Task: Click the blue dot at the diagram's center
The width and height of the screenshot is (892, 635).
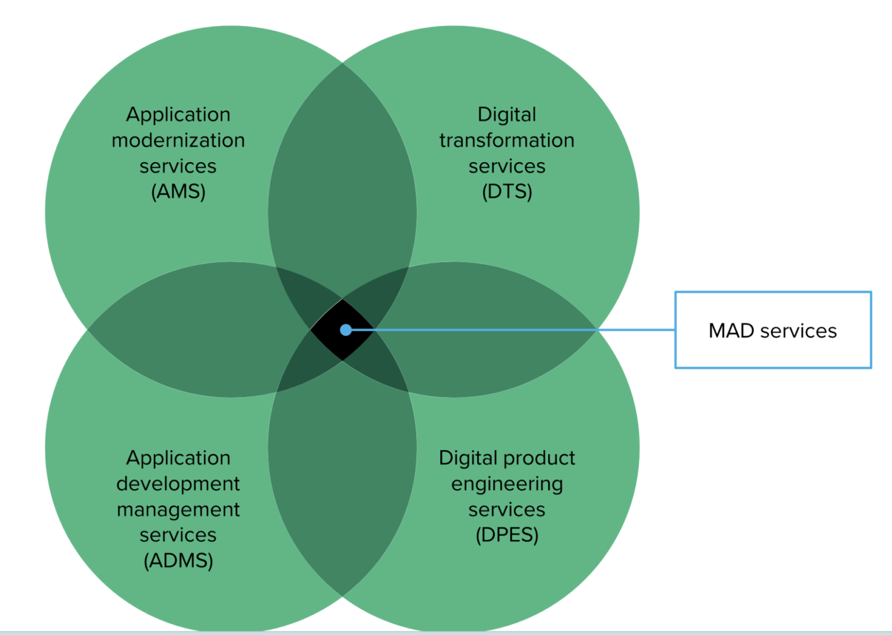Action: click(346, 330)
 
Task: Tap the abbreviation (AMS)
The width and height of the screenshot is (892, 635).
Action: click(178, 192)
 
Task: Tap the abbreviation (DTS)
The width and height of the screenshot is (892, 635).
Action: click(507, 192)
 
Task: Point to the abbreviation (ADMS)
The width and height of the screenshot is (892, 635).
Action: click(178, 561)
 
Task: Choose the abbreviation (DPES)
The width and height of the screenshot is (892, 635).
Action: click(507, 535)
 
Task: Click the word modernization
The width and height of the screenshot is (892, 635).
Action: click(178, 140)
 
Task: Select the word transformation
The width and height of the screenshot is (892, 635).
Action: click(507, 140)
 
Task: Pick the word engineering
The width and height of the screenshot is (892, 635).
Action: click(507, 484)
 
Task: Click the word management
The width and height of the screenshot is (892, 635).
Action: click(178, 510)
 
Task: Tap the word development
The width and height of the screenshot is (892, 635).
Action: click(178, 483)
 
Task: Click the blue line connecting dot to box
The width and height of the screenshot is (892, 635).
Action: click(523, 330)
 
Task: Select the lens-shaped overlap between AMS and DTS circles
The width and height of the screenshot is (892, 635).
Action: click(343, 174)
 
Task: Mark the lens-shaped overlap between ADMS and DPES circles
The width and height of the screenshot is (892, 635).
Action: click(343, 482)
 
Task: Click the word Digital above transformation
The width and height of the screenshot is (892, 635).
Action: click(507, 114)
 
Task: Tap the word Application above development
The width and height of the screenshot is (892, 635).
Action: click(178, 458)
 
